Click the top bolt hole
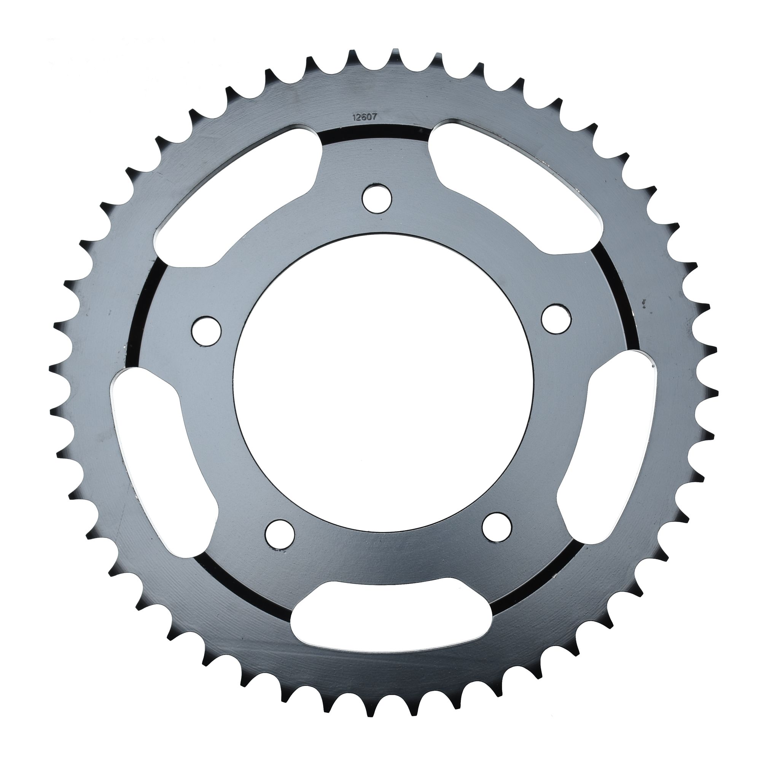pos(377,199)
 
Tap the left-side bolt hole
pos(206,330)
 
